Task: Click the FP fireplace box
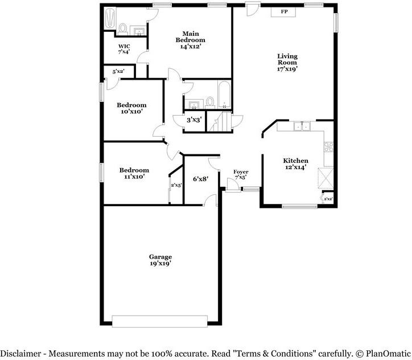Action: coord(283,12)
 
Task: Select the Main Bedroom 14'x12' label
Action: coord(191,40)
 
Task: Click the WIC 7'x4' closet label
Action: coord(124,49)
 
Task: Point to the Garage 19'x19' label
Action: coord(160,260)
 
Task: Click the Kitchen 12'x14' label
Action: coord(295,164)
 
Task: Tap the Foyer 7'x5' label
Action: coord(241,175)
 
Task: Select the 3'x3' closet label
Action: coord(194,120)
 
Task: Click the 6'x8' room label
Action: coord(201,179)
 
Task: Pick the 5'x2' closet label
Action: coord(118,71)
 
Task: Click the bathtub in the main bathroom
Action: coord(110,18)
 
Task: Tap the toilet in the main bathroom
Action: coord(122,29)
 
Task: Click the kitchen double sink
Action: coord(302,126)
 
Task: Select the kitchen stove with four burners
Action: coord(329,147)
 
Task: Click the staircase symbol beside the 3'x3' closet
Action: coord(220,121)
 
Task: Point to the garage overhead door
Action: coord(160,321)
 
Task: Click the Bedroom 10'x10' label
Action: coord(131,108)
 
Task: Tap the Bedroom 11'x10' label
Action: coord(134,173)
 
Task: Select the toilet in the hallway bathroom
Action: coord(210,103)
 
